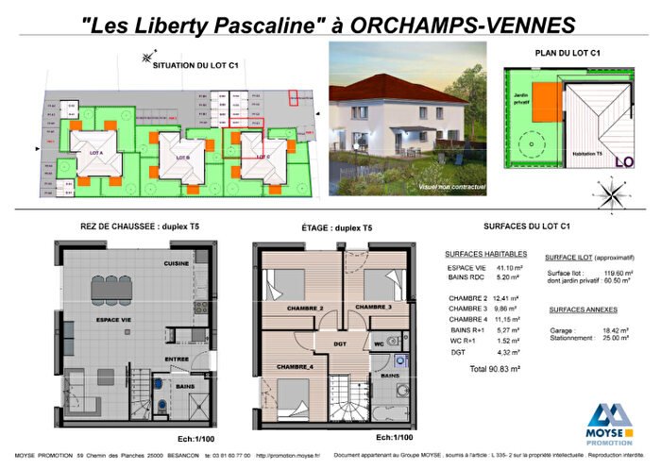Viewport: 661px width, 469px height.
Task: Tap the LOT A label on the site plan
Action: [x=96, y=153]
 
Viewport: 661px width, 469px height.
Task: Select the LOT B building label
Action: [x=181, y=157]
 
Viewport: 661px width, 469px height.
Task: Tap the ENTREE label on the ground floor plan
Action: [x=177, y=360]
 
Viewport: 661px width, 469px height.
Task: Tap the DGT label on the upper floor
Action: [x=341, y=343]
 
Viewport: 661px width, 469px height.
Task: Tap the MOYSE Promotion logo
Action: [x=610, y=421]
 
